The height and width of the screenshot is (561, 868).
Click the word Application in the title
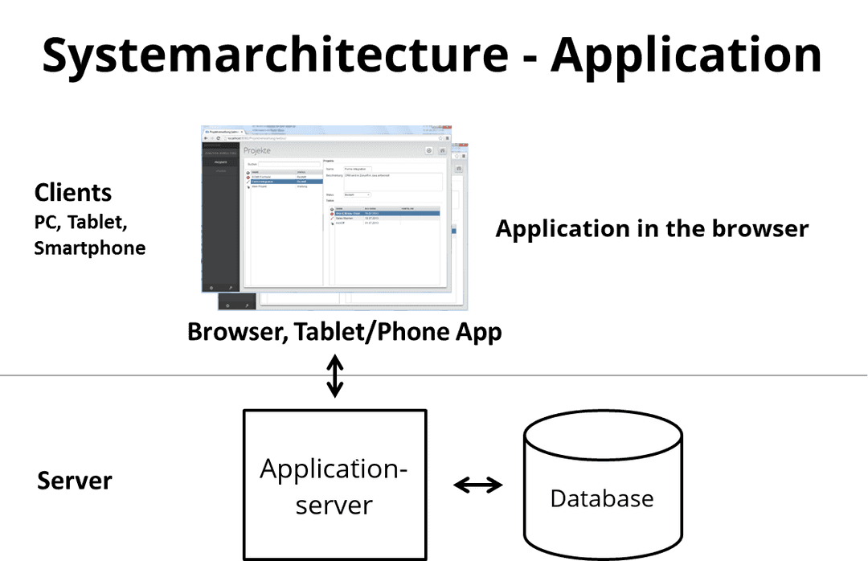click(687, 56)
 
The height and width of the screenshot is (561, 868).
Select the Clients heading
click(73, 193)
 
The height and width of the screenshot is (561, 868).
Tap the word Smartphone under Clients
click(90, 248)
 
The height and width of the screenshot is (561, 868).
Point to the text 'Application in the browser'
click(652, 229)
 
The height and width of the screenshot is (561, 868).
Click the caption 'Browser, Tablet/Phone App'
click(344, 331)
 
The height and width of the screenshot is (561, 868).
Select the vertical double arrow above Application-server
click(334, 379)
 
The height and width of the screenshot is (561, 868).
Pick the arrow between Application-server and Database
click(477, 485)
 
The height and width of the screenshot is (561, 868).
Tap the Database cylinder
click(602, 490)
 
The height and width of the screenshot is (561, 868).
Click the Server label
click(75, 481)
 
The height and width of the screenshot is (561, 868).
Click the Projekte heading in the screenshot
click(258, 151)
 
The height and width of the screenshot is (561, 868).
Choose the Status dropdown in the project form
click(358, 195)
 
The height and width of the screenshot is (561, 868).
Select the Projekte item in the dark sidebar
click(220, 162)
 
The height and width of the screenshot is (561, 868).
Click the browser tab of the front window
click(229, 130)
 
